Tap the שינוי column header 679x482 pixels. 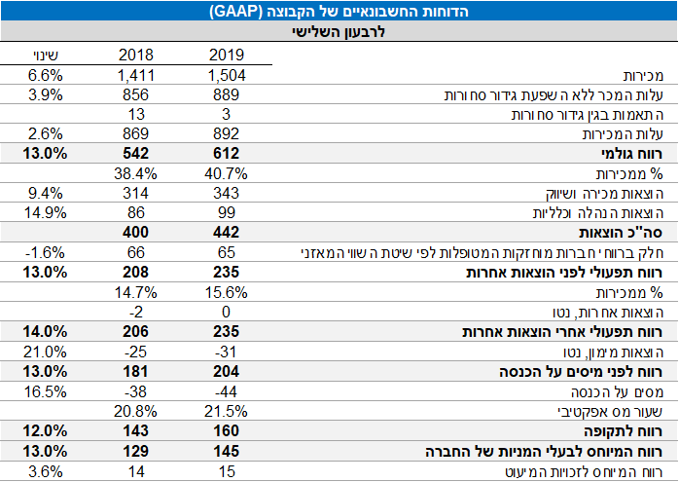(x=40, y=56)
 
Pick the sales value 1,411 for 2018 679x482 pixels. (x=135, y=75)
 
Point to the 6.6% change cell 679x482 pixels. (x=45, y=75)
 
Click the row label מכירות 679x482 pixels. (x=647, y=75)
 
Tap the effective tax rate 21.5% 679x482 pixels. (x=228, y=412)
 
